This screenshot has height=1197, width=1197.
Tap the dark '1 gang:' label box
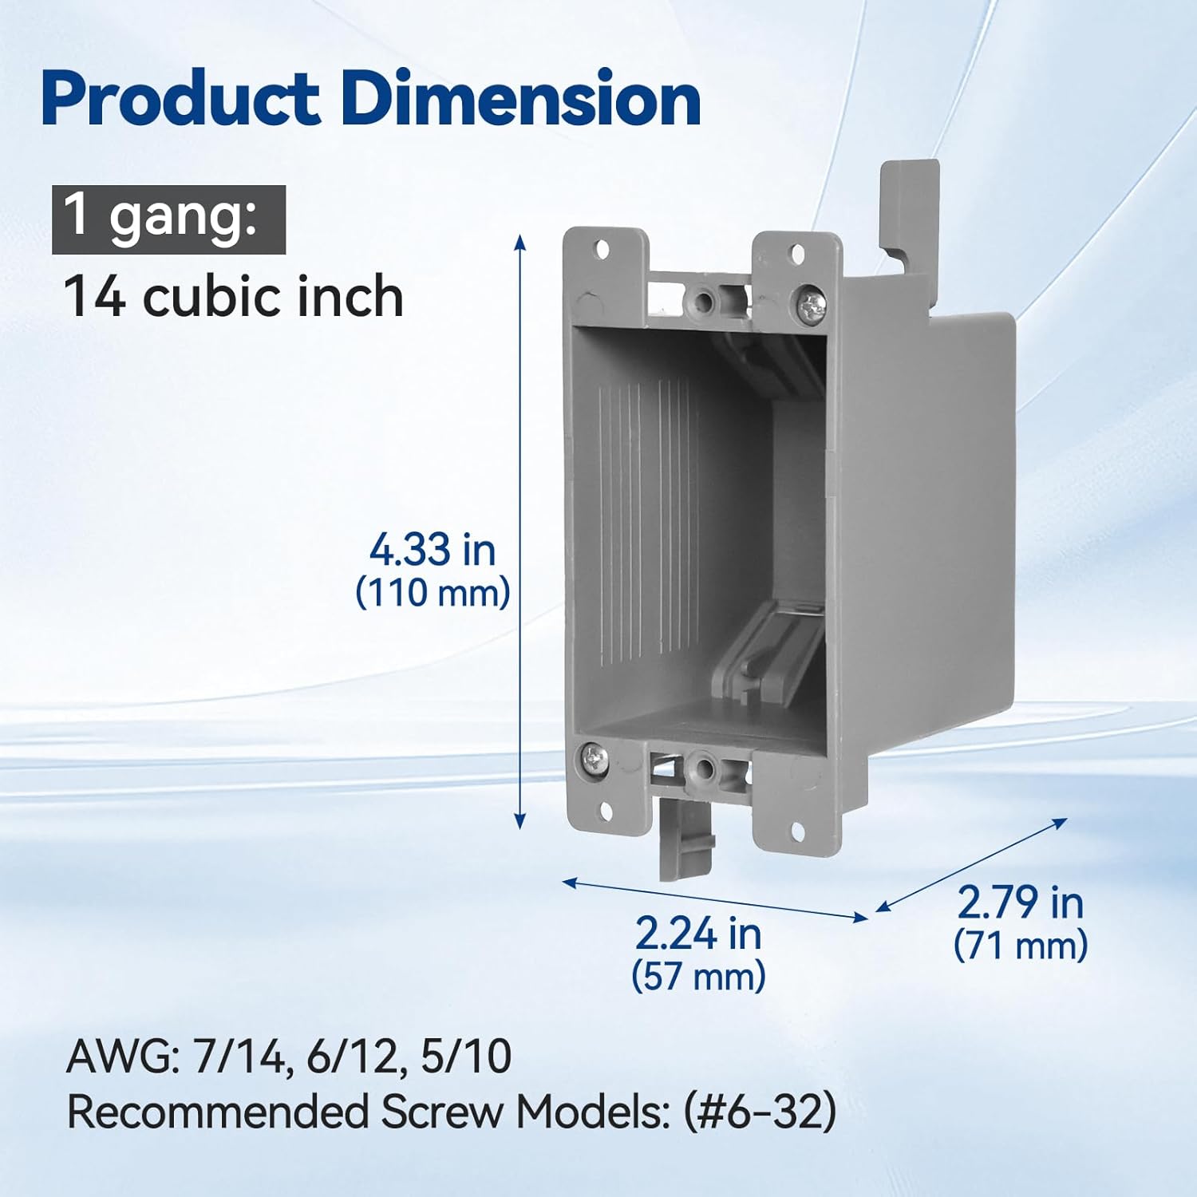coord(168,219)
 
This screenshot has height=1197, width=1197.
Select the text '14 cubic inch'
coord(233,297)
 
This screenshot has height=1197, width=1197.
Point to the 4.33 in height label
coord(432,550)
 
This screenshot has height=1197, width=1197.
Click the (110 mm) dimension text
coord(432,593)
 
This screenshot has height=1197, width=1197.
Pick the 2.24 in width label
coord(698,934)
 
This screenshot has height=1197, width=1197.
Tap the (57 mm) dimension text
coord(698,975)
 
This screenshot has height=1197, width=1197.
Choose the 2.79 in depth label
coord(1020,903)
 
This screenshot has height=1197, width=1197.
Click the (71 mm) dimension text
coord(1020,946)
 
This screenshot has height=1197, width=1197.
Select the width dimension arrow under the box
coord(714,899)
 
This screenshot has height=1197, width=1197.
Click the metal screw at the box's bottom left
coord(594,755)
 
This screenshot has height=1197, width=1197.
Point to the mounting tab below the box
coord(685,838)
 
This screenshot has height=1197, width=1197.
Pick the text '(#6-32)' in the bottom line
coord(759,1111)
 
